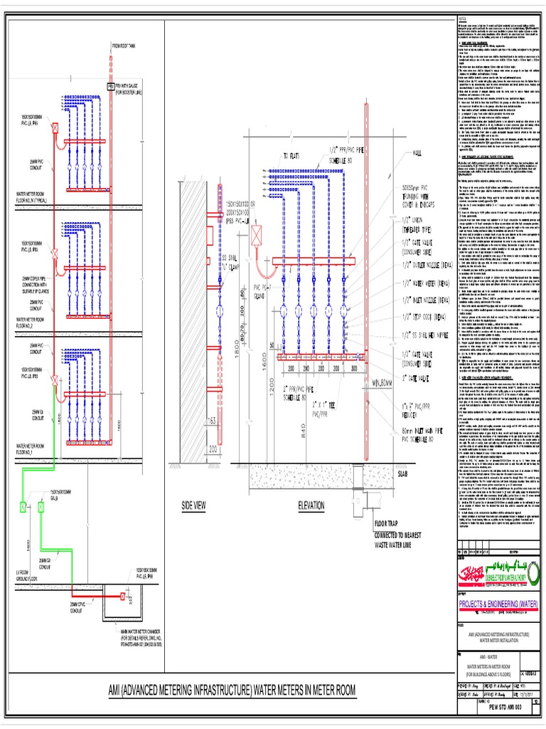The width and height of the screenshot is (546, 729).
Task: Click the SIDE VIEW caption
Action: click(x=194, y=505)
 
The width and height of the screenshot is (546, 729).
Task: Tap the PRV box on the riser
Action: click(x=110, y=86)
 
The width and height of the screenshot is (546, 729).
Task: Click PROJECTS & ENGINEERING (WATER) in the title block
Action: click(x=497, y=604)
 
